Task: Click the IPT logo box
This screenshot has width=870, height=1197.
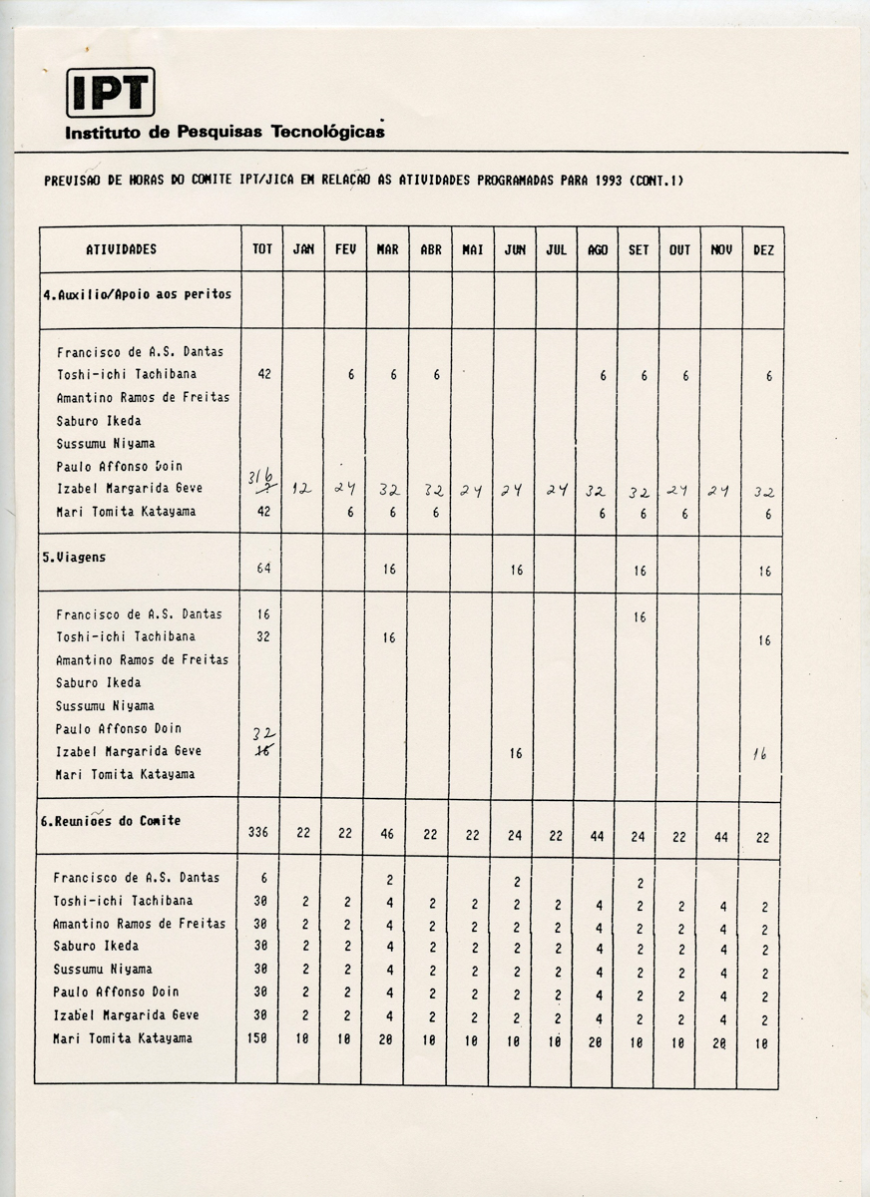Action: tap(110, 93)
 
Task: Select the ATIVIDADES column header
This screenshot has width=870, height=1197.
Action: tap(121, 249)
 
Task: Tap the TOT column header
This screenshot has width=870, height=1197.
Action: tap(261, 249)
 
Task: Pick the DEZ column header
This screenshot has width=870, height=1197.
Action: tap(763, 249)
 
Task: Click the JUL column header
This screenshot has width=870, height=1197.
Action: tap(556, 249)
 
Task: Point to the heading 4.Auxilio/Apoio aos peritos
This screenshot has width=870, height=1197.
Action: tap(137, 294)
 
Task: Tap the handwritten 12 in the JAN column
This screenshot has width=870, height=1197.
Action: tap(302, 489)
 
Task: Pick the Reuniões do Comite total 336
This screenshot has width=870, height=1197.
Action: tap(261, 836)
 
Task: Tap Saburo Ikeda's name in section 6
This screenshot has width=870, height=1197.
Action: tap(96, 946)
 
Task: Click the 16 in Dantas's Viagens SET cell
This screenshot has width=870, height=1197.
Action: tap(639, 617)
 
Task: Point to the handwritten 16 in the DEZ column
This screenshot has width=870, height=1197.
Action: tap(760, 755)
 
